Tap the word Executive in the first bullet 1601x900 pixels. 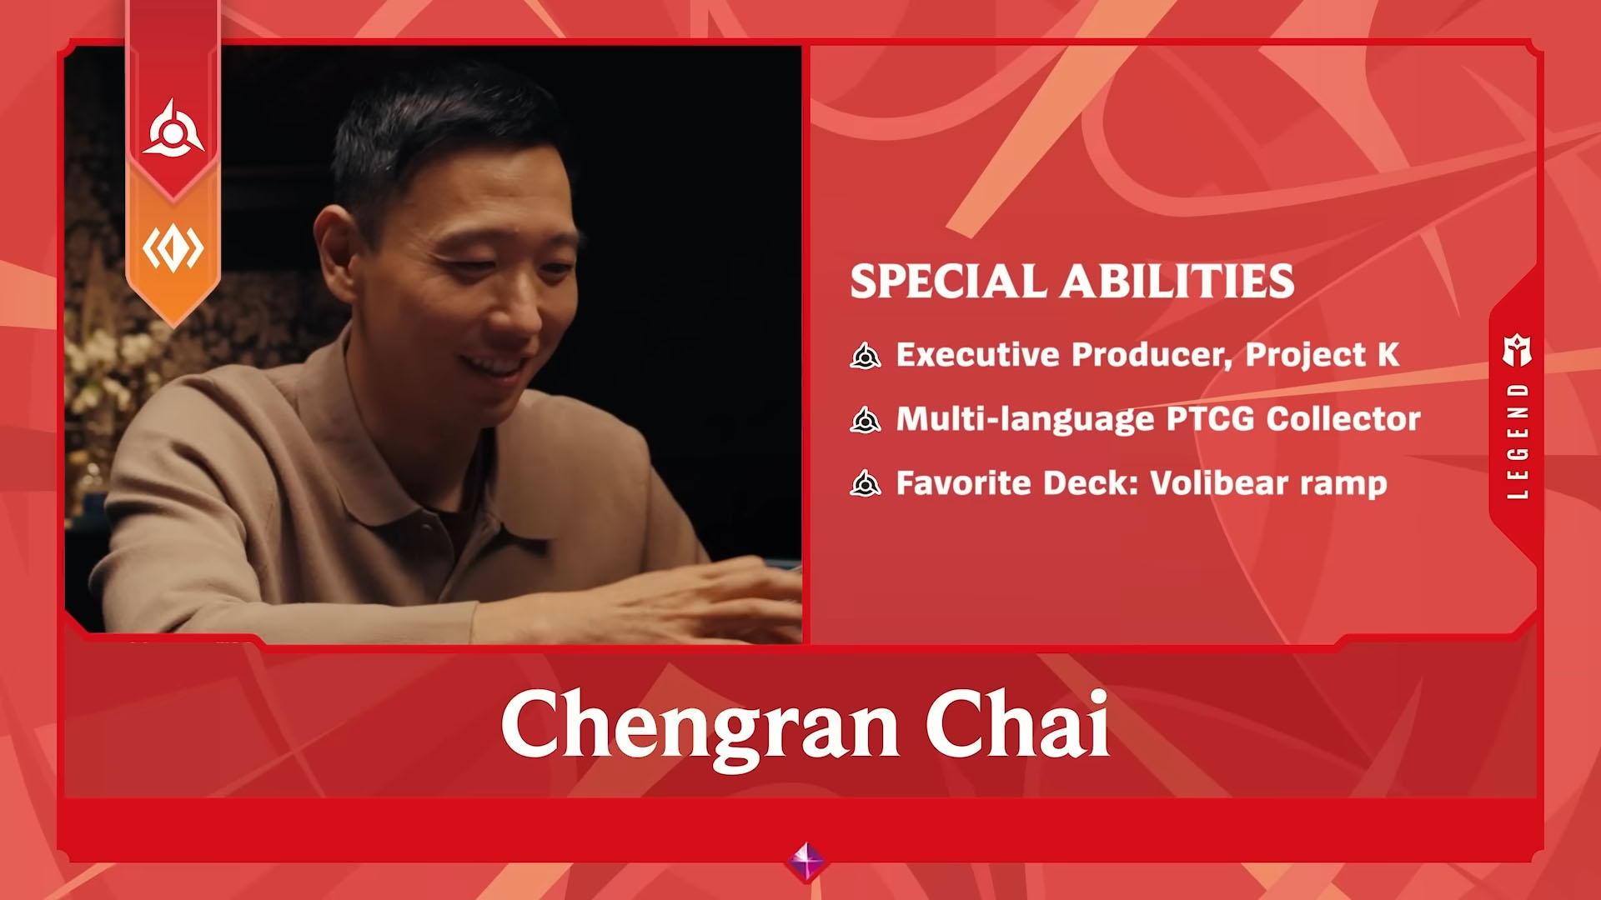pos(977,355)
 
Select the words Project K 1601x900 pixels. pos(1322,356)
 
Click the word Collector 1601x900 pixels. pos(1343,419)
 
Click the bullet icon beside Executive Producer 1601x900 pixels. pos(866,356)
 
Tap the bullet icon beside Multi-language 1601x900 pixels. pos(866,420)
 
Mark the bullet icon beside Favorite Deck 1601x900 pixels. pos(866,483)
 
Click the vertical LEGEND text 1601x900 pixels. pos(1518,441)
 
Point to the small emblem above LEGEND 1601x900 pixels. pos(1518,351)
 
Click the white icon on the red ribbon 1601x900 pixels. pos(173,129)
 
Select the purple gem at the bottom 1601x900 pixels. pos(806,861)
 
